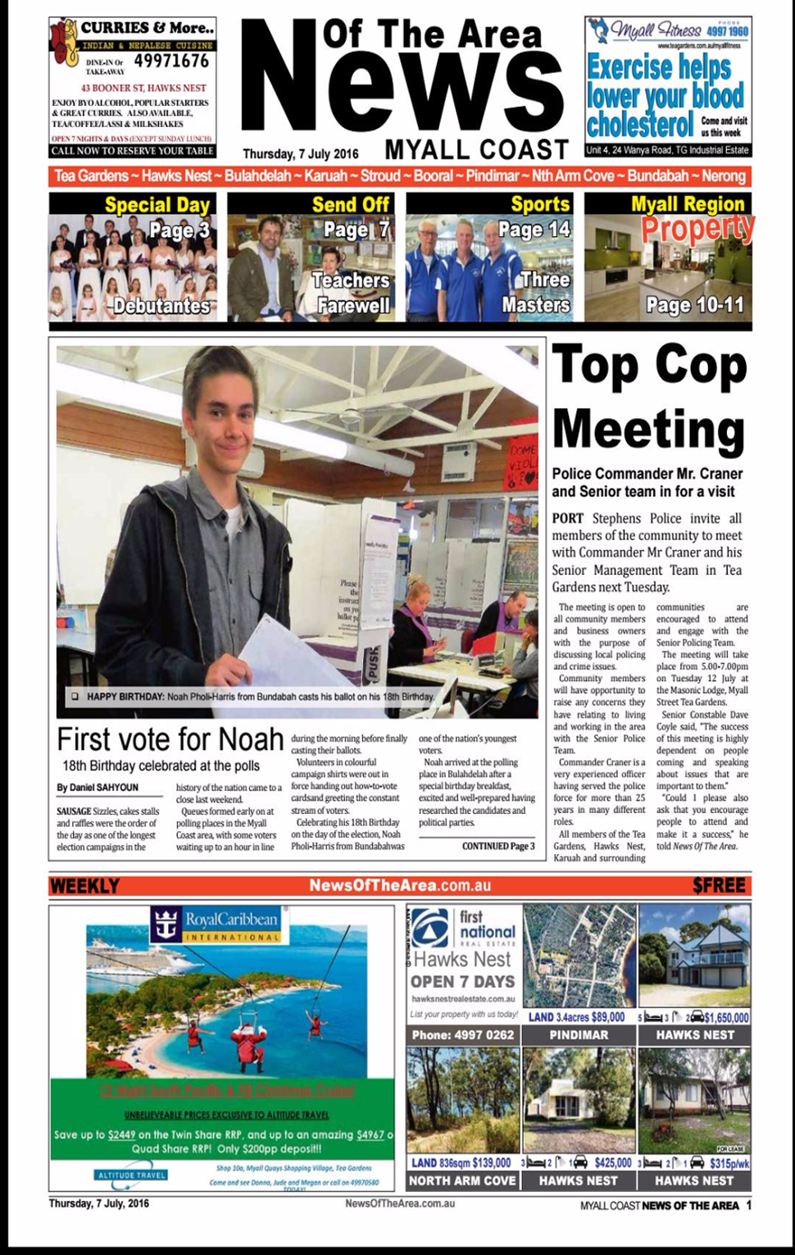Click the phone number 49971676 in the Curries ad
click(171, 61)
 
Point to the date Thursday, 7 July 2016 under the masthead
click(301, 153)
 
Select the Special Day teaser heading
click(157, 204)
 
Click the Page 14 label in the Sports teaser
click(534, 230)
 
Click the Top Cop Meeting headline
click(649, 396)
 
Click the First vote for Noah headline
click(170, 739)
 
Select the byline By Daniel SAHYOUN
click(98, 788)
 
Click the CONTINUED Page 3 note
click(497, 846)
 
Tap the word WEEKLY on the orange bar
click(84, 886)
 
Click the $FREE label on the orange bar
click(719, 886)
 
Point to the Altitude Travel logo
click(132, 1175)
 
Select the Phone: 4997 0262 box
click(463, 1035)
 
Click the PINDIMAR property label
click(579, 1035)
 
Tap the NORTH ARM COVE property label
click(462, 1180)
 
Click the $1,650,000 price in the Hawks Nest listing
click(726, 1017)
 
